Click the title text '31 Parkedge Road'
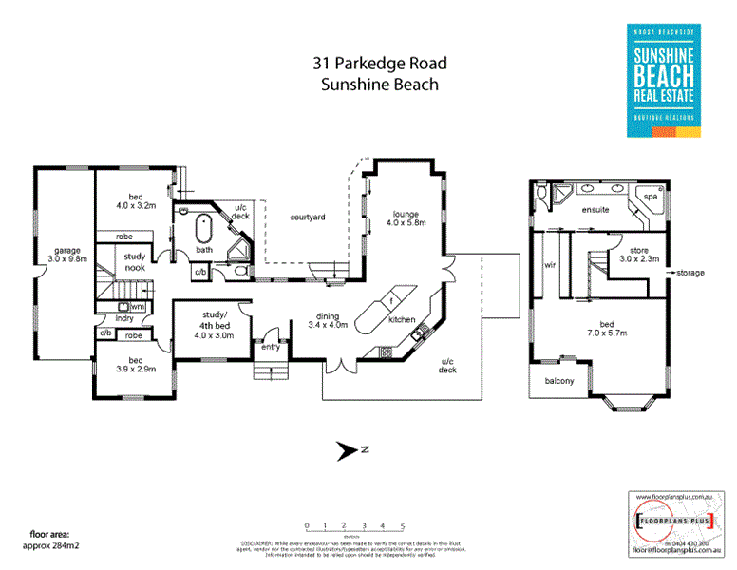tap(380, 64)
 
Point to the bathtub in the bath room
tap(202, 230)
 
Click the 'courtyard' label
tap(308, 218)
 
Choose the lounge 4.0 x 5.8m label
tap(406, 218)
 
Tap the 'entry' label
tap(271, 347)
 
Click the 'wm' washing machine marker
tap(137, 307)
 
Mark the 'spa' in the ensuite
tap(651, 197)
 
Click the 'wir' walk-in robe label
tap(549, 267)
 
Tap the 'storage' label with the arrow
tap(690, 273)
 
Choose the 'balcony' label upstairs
tap(559, 382)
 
